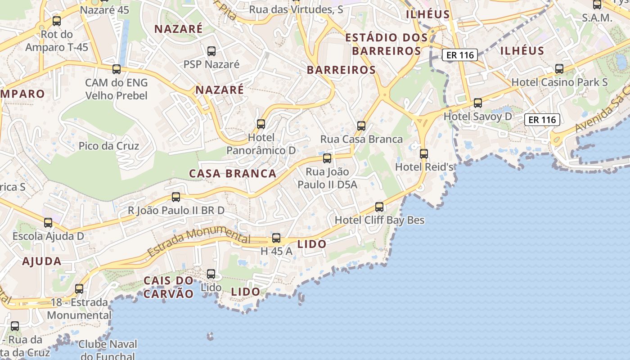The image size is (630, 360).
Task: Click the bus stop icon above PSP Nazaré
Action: click(x=211, y=51)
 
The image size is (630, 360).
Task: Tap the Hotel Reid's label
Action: click(x=423, y=167)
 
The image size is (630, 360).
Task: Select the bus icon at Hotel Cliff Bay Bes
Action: click(x=379, y=207)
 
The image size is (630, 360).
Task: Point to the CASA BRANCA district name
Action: click(x=233, y=174)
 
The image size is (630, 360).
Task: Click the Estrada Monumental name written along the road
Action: click(x=198, y=242)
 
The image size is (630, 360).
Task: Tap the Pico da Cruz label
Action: click(x=109, y=146)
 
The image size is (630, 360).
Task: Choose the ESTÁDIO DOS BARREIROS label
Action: click(x=386, y=44)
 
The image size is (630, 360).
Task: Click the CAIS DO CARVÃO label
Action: click(x=169, y=287)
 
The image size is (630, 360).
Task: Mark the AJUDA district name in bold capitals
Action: click(x=42, y=261)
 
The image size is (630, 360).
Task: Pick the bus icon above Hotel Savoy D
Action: click(x=478, y=103)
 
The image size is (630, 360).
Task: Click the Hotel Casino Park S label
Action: click(x=559, y=82)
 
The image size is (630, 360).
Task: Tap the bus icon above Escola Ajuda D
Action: click(x=48, y=222)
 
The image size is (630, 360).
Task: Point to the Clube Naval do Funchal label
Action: click(x=107, y=350)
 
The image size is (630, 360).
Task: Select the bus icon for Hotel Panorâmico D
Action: click(x=261, y=124)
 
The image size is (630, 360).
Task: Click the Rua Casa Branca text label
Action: click(x=361, y=139)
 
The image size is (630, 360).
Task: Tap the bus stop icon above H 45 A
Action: click(x=276, y=238)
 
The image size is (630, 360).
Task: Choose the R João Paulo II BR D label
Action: click(x=176, y=210)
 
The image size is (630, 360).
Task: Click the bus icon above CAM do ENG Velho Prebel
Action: click(x=117, y=69)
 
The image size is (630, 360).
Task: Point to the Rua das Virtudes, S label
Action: click(x=296, y=9)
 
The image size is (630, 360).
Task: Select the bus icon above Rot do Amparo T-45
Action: click(x=57, y=20)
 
